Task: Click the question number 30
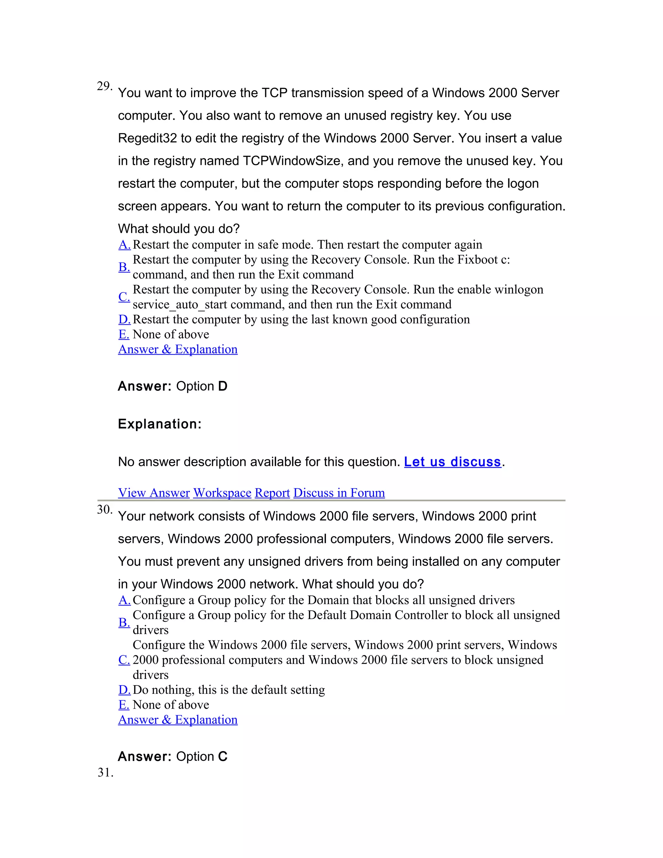pos(104,510)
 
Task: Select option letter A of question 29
pos(124,245)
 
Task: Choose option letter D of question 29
pos(124,319)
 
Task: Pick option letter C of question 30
pos(124,660)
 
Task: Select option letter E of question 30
pos(124,705)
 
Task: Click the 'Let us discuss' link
pos(453,462)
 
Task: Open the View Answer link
pos(153,493)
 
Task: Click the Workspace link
pos(222,493)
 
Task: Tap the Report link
pos(272,493)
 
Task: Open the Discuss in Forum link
pos(339,493)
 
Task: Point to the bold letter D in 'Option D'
pos(223,386)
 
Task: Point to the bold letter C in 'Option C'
pos(223,756)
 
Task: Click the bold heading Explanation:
pos(160,424)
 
